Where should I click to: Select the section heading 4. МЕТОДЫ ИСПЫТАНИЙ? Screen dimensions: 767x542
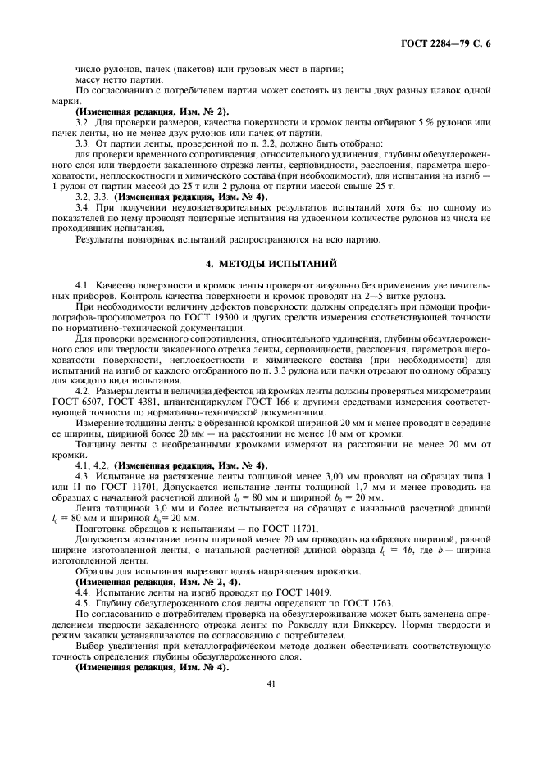270,263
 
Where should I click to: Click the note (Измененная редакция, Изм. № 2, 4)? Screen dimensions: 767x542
143,580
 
